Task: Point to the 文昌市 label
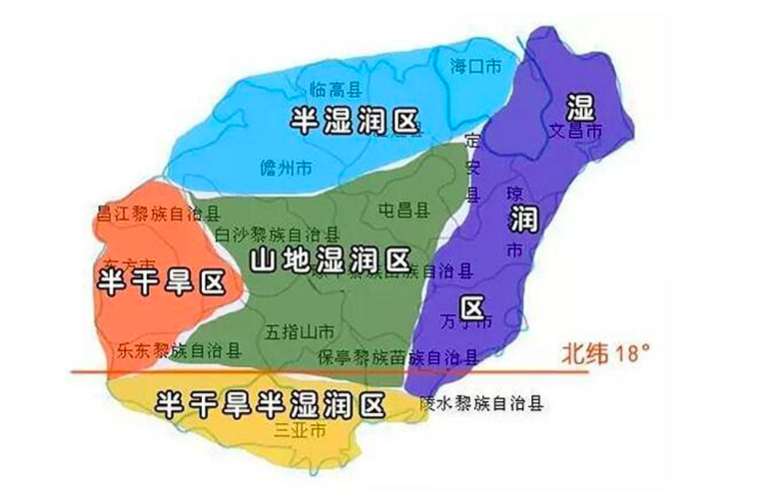tap(575, 130)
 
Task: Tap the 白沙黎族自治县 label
tap(276, 233)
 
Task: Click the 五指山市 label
tap(301, 330)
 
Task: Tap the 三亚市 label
tap(300, 431)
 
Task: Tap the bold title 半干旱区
tap(160, 283)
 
